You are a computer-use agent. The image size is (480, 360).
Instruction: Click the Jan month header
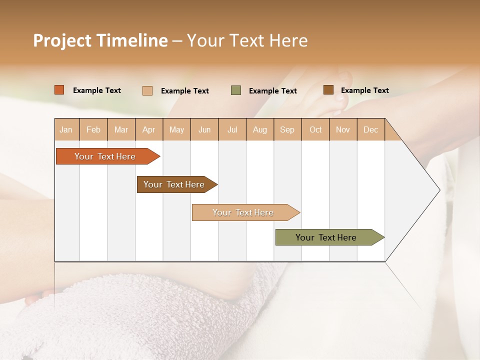coord(66,129)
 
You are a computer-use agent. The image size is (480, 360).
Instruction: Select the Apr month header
coord(149,129)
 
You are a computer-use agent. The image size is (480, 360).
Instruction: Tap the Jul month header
coord(232,129)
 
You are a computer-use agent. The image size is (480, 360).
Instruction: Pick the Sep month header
coord(287,129)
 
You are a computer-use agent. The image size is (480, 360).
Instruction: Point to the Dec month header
coord(370,129)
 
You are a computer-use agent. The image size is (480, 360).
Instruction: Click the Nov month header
coord(343,129)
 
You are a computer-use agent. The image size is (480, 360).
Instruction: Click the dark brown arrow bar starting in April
coord(175,184)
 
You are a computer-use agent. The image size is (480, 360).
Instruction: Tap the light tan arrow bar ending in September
coord(243,212)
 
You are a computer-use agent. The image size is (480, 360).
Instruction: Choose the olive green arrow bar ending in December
coord(327,237)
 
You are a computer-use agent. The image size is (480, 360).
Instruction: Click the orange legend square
coord(59,90)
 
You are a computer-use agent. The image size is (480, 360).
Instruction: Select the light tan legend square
coord(147,90)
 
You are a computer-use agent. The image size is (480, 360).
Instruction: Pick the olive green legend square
coord(236,90)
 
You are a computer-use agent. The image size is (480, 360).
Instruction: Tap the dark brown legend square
coord(328,90)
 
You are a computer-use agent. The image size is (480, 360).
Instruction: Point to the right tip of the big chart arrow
coord(439,190)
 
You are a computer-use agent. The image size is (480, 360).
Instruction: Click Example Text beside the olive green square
coord(272,91)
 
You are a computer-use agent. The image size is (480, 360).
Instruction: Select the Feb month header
coord(93,129)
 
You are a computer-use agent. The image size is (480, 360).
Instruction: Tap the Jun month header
coord(204,129)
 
